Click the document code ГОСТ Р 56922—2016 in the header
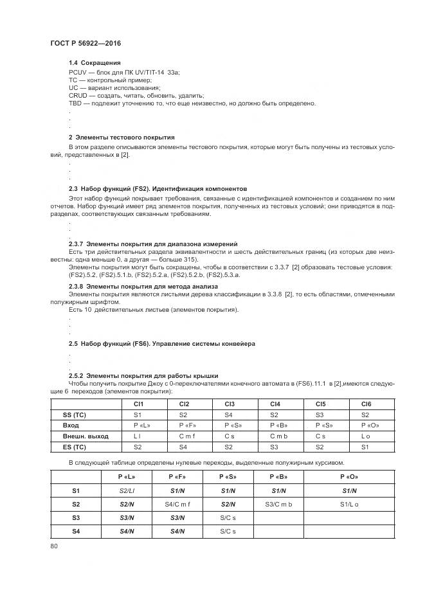[86, 42]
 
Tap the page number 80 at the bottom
[53, 546]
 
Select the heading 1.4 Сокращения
[95, 62]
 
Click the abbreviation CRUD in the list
[77, 95]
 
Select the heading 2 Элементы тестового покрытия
[122, 137]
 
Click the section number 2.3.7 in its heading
[77, 244]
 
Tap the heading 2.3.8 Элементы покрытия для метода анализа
[143, 285]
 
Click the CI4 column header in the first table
[275, 404]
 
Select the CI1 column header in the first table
[138, 404]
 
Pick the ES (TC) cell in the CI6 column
[366, 446]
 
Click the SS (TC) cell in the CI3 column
[229, 415]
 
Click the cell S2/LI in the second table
[126, 491]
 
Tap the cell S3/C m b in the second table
[278, 505]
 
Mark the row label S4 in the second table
[75, 531]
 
